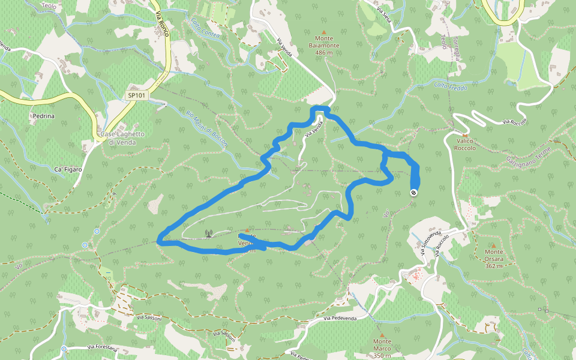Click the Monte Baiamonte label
[324, 45]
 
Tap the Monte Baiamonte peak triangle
[324, 32]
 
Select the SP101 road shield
[137, 95]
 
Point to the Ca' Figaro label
[67, 170]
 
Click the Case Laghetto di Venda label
[121, 138]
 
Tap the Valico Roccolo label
[464, 144]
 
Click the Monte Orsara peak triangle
[494, 245]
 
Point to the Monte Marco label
[382, 344]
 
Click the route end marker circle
[413, 193]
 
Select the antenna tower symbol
[208, 233]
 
